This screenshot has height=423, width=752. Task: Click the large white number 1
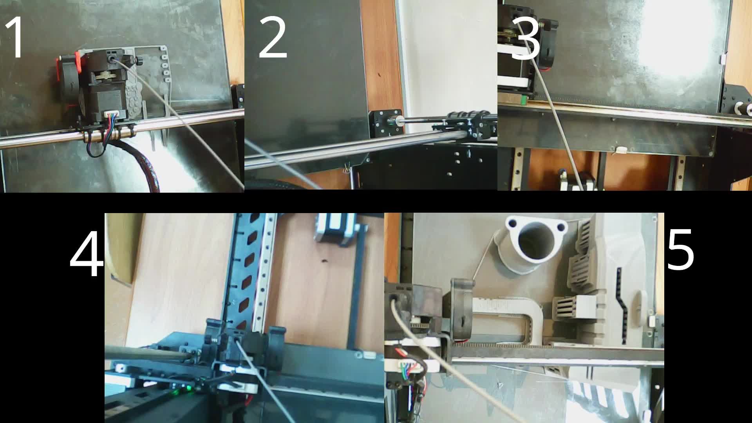pyautogui.click(x=15, y=38)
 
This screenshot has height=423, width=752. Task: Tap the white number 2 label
pyautogui.click(x=273, y=38)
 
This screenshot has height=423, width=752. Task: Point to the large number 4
pyautogui.click(x=87, y=254)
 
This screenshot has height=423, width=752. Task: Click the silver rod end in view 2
pyautogui.click(x=399, y=121)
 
